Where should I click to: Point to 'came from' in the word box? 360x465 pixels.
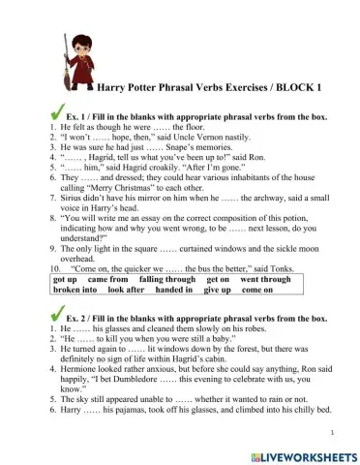coord(108,279)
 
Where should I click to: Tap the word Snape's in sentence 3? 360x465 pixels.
coord(194,148)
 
